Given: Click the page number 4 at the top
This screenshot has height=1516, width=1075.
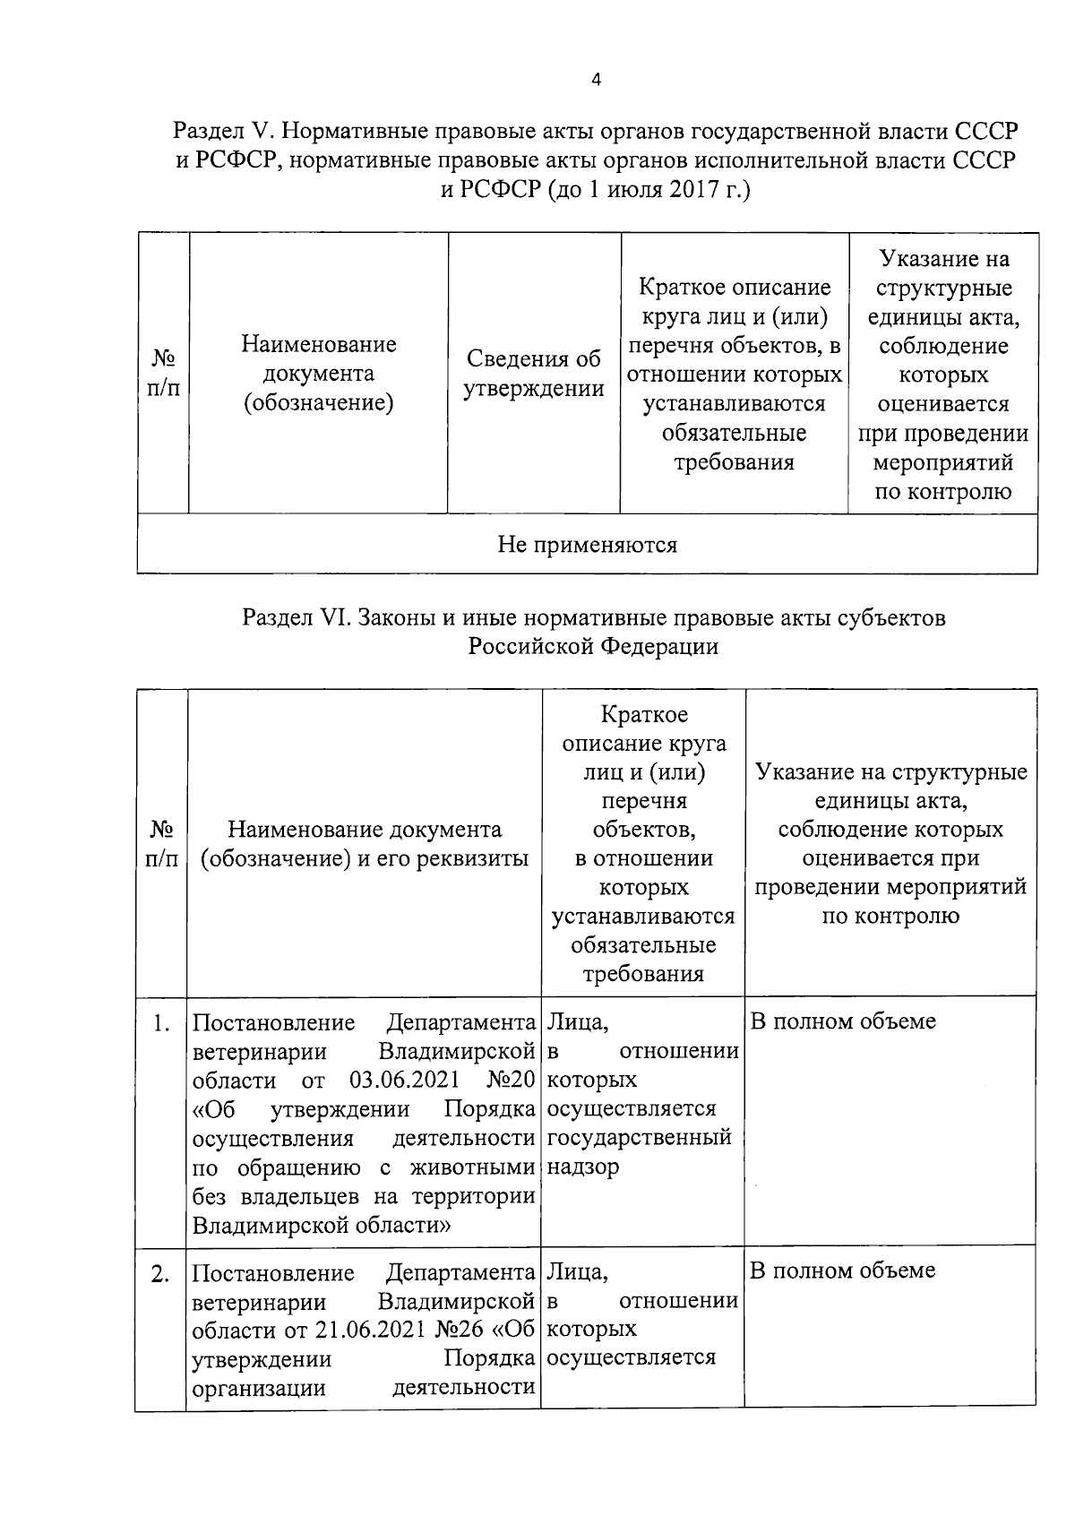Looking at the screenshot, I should tap(597, 80).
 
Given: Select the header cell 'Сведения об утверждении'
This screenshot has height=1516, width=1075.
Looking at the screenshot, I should tap(534, 374).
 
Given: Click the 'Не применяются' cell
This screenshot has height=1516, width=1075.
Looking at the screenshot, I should tap(587, 544).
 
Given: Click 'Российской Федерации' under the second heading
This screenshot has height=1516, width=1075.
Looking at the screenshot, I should tap(593, 646).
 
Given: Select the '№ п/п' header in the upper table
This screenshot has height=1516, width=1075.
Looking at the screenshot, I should tap(162, 374).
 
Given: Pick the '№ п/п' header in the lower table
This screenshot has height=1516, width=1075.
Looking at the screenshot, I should tap(161, 843).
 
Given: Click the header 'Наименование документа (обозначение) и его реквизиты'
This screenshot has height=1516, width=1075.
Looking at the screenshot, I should tap(365, 843).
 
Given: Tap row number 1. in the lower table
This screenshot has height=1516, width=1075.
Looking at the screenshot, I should tap(161, 1022).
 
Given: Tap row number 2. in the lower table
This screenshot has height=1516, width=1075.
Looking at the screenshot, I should tap(160, 1273).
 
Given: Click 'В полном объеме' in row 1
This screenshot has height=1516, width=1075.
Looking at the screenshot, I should tap(842, 1021).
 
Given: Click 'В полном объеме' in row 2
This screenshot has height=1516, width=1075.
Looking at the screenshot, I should tap(842, 1271).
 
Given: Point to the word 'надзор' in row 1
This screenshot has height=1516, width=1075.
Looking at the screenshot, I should tap(583, 1167).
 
